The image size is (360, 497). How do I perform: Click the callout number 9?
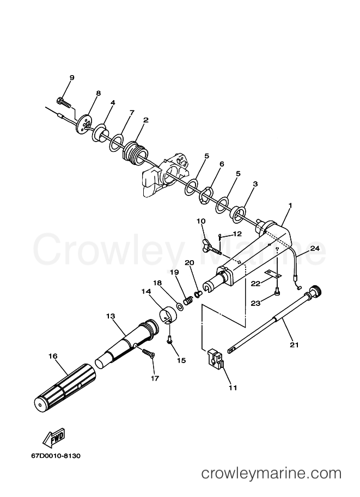72,78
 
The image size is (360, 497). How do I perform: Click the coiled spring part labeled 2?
136,153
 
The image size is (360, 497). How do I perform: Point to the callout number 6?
222,164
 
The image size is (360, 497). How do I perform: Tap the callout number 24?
315,248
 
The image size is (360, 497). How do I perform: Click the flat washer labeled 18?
180,306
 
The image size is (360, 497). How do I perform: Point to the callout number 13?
111,316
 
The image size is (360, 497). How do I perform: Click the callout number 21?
294,345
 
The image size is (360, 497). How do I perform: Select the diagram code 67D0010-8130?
56,456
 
